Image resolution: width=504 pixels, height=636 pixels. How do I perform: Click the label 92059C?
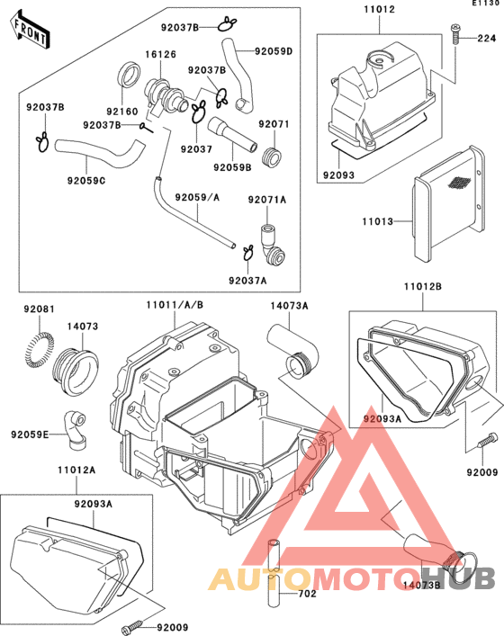(x=86, y=179)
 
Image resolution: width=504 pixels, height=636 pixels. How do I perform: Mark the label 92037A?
(x=247, y=281)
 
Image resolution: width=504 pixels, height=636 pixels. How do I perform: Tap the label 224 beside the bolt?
(x=486, y=39)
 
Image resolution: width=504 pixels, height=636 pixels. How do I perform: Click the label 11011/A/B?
(x=174, y=305)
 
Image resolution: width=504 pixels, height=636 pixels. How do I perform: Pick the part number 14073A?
(x=290, y=306)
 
